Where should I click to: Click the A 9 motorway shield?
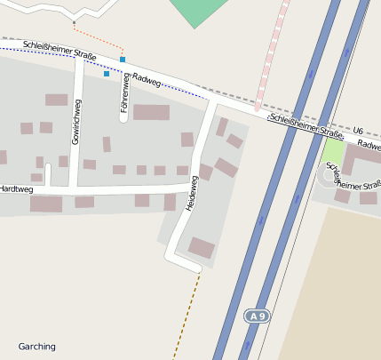coord(257,316)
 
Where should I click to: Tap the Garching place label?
coord(36,346)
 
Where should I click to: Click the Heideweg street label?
coord(190,193)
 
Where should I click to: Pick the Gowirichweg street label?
coord(76,128)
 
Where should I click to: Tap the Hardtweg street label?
coord(16,189)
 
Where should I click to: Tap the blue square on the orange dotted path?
coord(123,60)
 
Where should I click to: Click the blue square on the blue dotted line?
coord(107,74)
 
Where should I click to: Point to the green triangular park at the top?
coord(200,12)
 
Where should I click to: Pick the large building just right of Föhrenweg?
coord(151,112)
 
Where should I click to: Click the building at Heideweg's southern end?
coord(201,247)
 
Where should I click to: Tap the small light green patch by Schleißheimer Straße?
coord(332,151)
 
